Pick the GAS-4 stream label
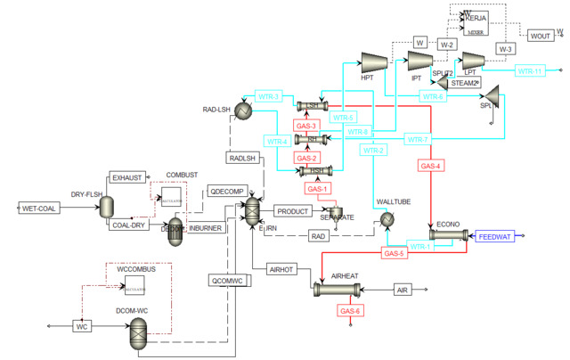[x=430, y=165]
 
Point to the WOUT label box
[x=541, y=36]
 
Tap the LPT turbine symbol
[x=471, y=59]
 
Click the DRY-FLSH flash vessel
[x=105, y=207]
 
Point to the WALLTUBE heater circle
[x=387, y=219]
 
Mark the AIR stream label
[x=402, y=290]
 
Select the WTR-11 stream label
[x=529, y=70]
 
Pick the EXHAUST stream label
[x=126, y=178]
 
